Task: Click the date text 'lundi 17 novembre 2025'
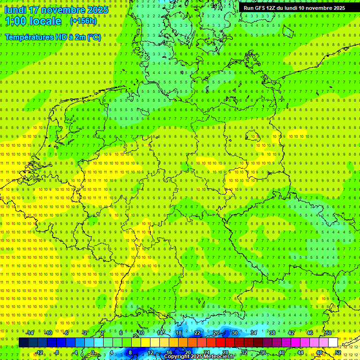pos(56,10)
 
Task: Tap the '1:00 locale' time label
pos(33,21)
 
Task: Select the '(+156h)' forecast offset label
pos(83,21)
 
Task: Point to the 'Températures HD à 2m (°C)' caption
pos(52,37)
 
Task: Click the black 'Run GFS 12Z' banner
pos(294,8)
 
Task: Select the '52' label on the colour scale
pos(338,352)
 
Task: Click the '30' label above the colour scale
pos(234,333)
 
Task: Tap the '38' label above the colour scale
pos(272,333)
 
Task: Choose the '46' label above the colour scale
pos(309,333)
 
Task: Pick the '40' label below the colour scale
pos(282,352)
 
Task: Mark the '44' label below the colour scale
pos(300,352)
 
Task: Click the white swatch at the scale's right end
pos(333,343)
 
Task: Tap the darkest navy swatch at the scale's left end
pos(23,343)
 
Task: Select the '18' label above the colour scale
pos(178,333)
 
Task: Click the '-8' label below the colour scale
pos(57,352)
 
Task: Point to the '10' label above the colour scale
pos(141,333)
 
